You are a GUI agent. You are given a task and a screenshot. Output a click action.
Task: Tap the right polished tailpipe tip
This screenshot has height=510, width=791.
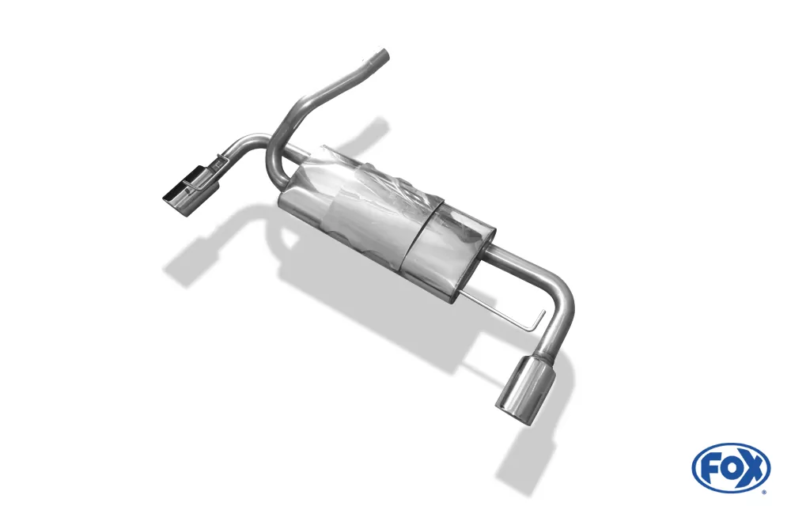tap(525, 387)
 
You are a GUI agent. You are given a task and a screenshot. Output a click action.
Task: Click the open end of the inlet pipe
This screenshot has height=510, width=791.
tap(383, 54)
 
